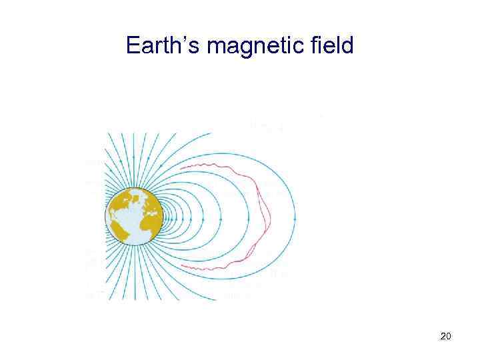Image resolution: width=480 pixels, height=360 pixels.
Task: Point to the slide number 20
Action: (x=446, y=337)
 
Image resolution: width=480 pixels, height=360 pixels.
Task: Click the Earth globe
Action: (x=134, y=217)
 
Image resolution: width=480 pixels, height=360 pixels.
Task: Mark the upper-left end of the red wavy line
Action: (x=182, y=164)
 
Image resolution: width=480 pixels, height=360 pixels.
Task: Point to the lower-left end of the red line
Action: (x=181, y=267)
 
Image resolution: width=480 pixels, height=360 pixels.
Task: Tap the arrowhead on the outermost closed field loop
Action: (x=294, y=218)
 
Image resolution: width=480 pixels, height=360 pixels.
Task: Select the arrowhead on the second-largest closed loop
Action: (x=249, y=218)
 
